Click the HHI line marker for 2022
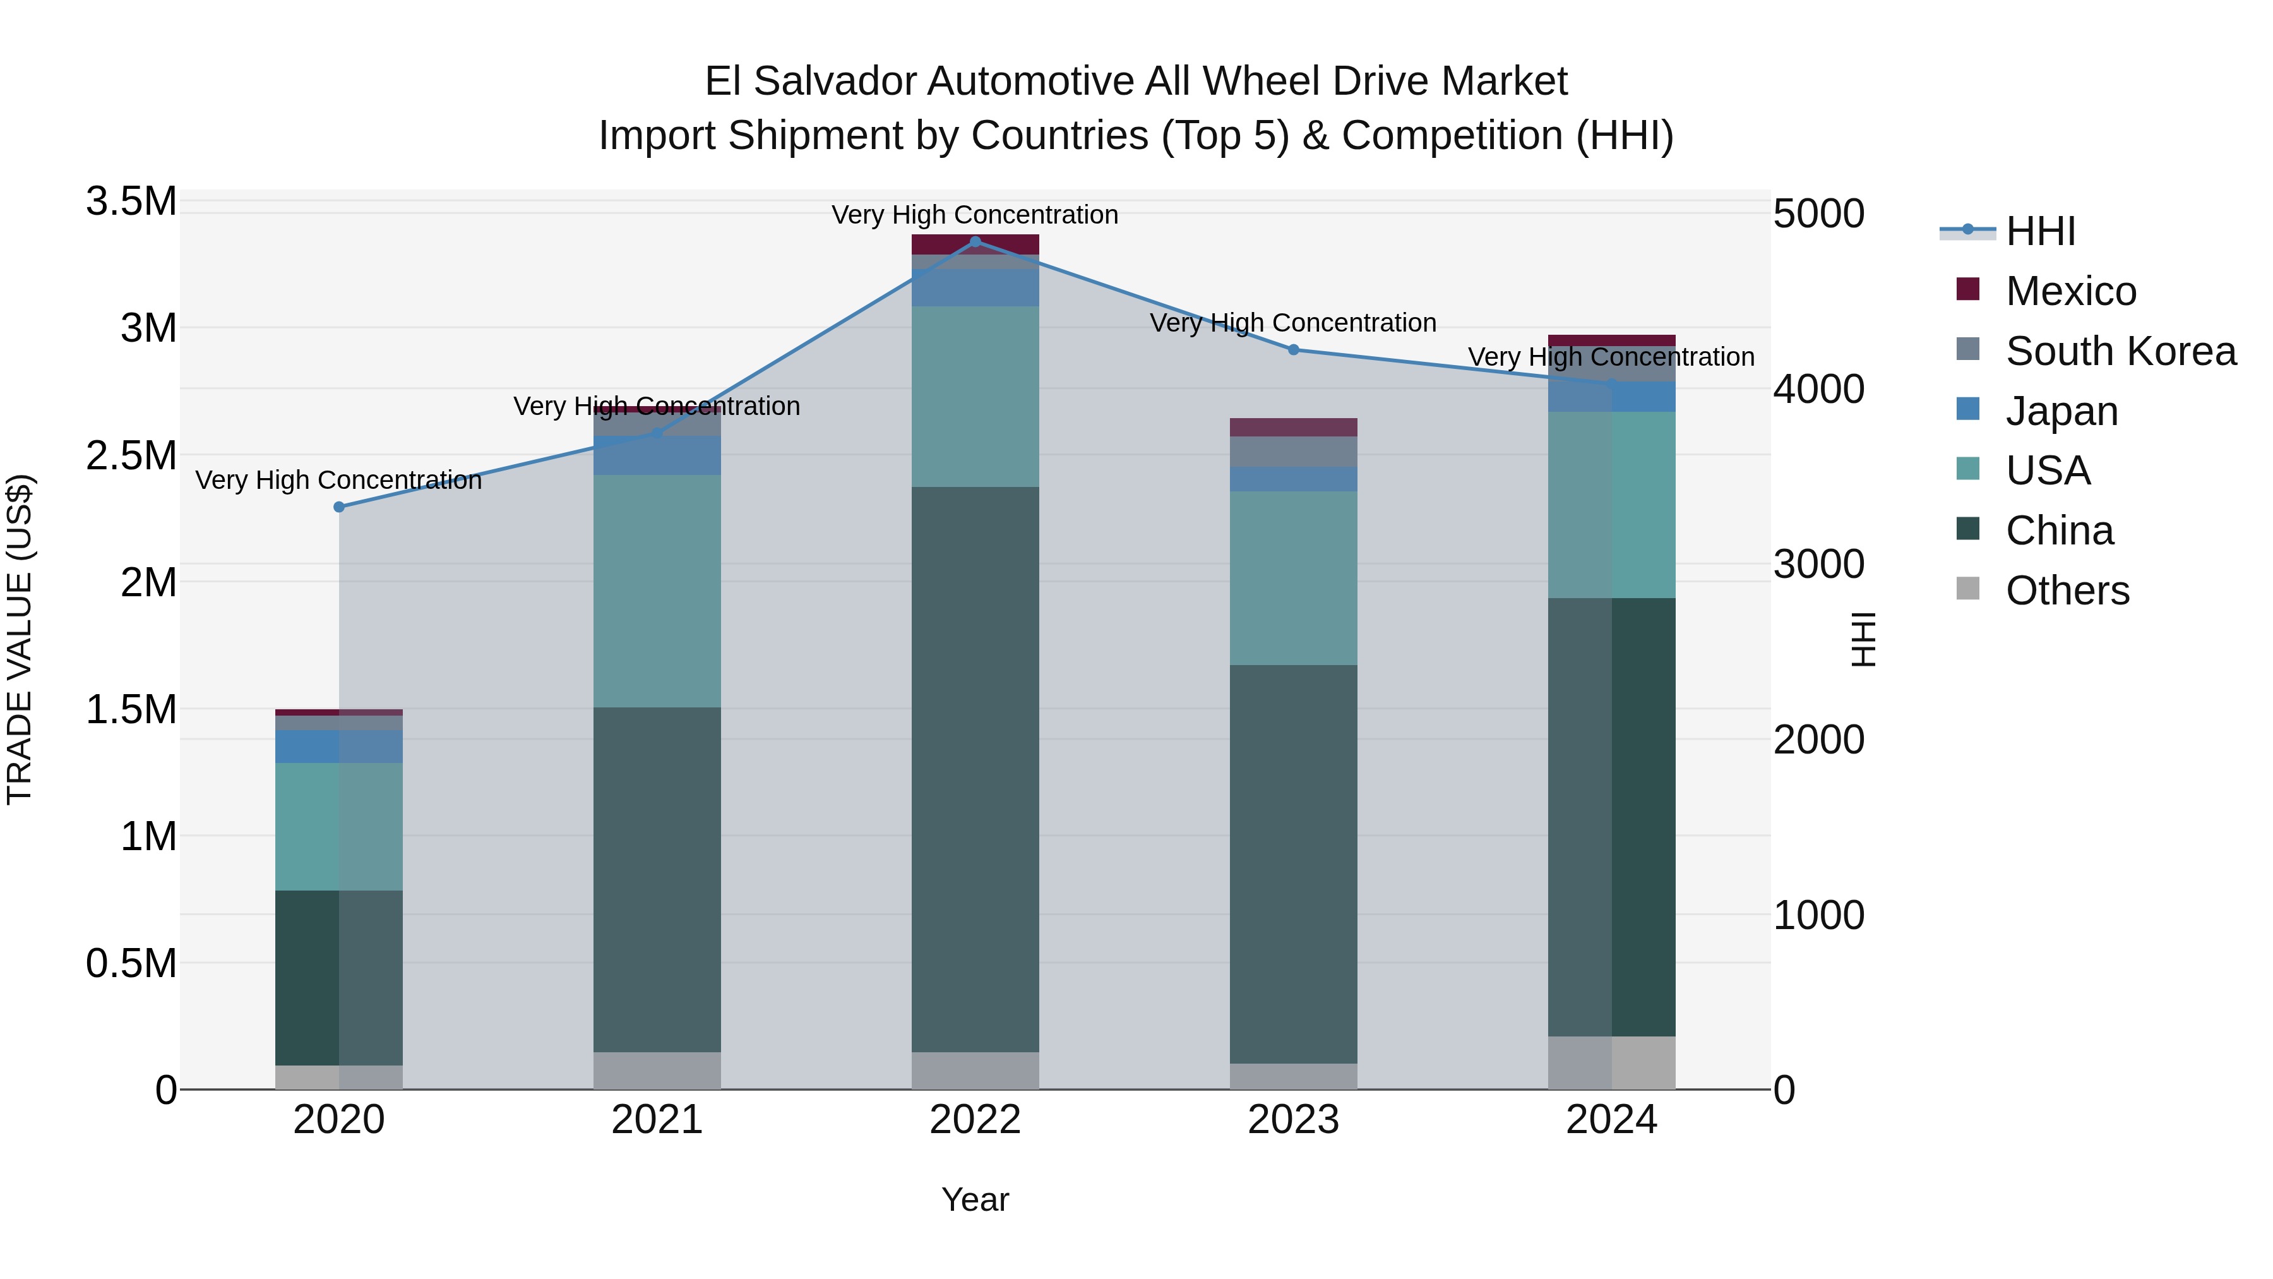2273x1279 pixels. [x=975, y=241]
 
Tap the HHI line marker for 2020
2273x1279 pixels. [x=339, y=507]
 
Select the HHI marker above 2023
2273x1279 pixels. [x=1294, y=349]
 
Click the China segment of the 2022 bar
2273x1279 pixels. [x=975, y=768]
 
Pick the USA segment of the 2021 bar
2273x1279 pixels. [x=657, y=591]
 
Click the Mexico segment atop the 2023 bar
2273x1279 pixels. [x=1294, y=427]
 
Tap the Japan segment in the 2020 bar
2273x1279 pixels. [x=339, y=746]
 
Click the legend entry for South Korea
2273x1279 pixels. [x=2120, y=351]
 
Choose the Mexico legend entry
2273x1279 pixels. [x=2070, y=291]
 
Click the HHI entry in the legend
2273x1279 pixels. [x=2040, y=231]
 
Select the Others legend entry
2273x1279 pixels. [x=2067, y=591]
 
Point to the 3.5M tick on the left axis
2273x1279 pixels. [x=131, y=201]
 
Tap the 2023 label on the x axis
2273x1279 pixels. [x=1294, y=1120]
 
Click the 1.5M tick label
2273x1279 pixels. [x=131, y=709]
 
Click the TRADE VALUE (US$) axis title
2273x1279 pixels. [x=20, y=639]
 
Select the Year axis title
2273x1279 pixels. [x=975, y=1199]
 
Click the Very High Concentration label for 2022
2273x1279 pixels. [x=975, y=215]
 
